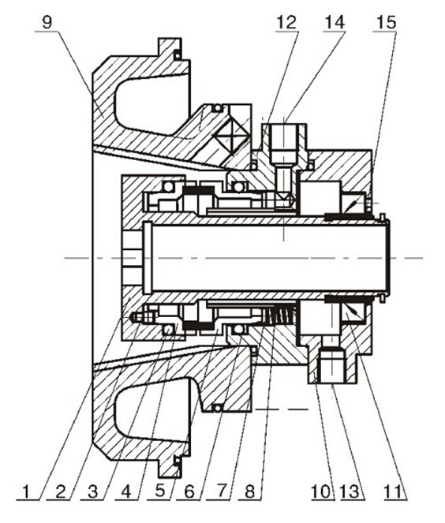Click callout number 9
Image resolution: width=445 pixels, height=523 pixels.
pos(47,23)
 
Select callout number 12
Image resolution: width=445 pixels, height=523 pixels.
pos(286,23)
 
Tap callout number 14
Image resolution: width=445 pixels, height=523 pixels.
pos(335,23)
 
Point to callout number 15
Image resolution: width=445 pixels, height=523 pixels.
pos(386,23)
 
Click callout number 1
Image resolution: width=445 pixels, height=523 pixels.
pos(28,491)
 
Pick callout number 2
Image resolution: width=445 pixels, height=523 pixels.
pos(60,491)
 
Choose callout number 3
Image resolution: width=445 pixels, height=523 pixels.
pos(93,491)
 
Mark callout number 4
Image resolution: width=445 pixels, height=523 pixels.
pos(126,491)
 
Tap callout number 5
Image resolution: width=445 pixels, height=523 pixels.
pos(160,491)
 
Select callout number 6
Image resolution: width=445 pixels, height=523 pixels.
pos(189,491)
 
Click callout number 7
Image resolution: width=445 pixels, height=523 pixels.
pos(220,491)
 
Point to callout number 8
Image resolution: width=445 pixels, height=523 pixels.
pos(249,491)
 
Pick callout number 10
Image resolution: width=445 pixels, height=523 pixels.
pos(322,491)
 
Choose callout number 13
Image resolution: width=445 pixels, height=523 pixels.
pos(350,491)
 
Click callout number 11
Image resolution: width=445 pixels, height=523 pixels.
pos(394,491)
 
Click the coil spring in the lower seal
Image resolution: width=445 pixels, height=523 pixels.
pos(279,315)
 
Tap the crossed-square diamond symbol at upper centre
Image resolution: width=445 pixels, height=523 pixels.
pos(231,136)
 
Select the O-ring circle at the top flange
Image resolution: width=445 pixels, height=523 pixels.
pos(178,54)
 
